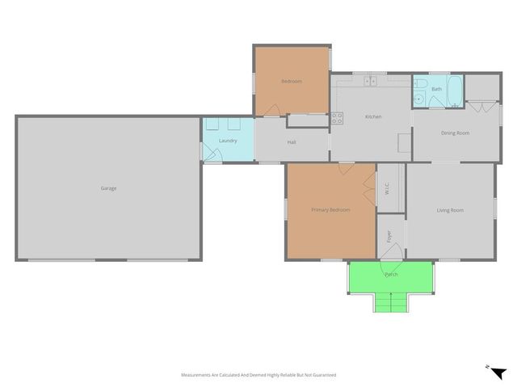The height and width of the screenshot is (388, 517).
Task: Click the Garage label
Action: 108,188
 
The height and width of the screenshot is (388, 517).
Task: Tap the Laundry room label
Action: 228,141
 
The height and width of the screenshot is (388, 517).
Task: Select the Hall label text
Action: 292,143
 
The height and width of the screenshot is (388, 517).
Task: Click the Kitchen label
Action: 373,117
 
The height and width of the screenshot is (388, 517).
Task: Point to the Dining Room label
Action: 455,133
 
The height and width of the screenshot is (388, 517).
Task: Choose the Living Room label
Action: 450,210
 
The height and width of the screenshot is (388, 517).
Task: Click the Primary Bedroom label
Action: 330,210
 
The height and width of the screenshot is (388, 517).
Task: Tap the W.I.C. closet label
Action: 388,189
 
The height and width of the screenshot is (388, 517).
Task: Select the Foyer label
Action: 389,236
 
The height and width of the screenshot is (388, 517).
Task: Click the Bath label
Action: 436,89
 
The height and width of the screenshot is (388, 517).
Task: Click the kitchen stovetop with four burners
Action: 338,118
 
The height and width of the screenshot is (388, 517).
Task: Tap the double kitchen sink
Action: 371,81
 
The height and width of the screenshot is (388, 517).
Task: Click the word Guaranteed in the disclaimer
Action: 322,375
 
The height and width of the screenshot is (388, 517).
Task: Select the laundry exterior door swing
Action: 212,152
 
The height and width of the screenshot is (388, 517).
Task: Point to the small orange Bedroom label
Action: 291,82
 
